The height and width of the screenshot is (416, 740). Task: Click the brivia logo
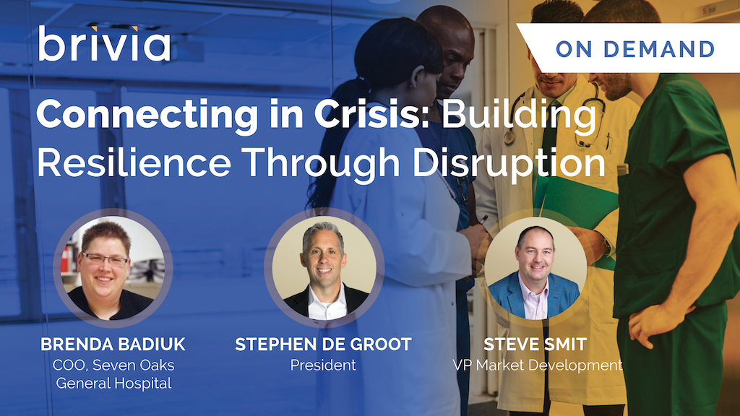pyautogui.click(x=104, y=44)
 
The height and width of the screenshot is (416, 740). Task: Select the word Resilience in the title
pyautogui.click(x=134, y=162)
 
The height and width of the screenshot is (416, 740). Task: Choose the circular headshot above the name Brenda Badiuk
pyautogui.click(x=113, y=268)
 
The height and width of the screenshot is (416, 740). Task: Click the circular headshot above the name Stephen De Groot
pyautogui.click(x=324, y=268)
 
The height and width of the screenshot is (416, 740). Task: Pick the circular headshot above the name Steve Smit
pyautogui.click(x=535, y=268)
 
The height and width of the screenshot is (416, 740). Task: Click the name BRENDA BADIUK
pyautogui.click(x=113, y=344)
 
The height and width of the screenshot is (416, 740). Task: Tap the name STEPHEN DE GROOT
pyautogui.click(x=323, y=344)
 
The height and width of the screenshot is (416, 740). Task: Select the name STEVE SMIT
pyautogui.click(x=535, y=344)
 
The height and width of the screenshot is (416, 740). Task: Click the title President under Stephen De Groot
pyautogui.click(x=323, y=365)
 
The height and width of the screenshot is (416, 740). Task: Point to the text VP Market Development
pyautogui.click(x=538, y=365)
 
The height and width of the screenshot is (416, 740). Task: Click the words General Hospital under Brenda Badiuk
pyautogui.click(x=113, y=383)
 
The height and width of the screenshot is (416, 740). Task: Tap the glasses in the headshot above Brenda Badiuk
pyautogui.click(x=105, y=260)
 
